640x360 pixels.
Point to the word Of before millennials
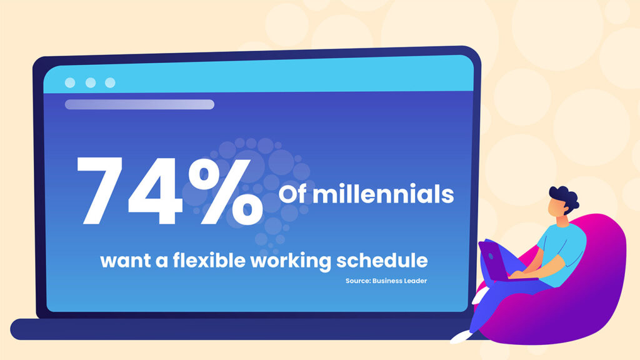[292, 194]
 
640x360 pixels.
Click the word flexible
[209, 260]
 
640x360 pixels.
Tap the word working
[291, 261]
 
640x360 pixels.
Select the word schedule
[382, 260]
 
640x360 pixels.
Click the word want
[125, 261]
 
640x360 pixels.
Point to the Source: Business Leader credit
[386, 281]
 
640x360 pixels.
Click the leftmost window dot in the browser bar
[70, 83]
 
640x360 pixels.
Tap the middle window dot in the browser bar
[91, 83]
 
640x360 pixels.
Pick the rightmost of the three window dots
[110, 83]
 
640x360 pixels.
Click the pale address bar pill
[139, 104]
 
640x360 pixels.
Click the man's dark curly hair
[565, 197]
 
